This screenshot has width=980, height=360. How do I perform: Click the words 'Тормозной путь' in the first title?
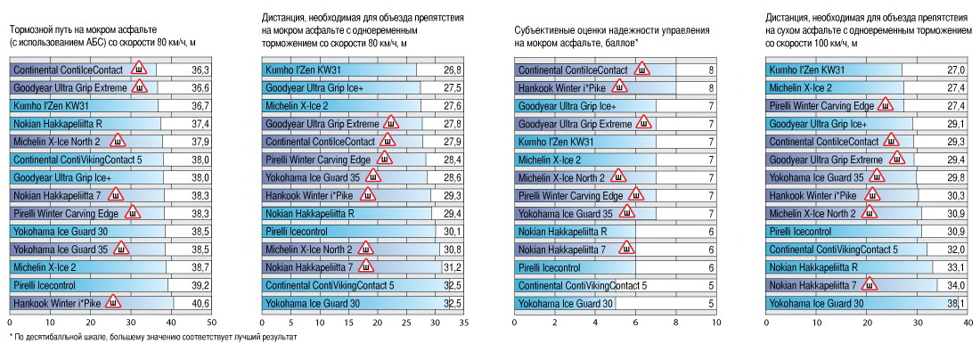point(42,18)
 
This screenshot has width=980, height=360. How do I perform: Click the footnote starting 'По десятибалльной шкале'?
point(151,338)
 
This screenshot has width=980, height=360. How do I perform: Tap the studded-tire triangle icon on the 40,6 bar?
point(113,303)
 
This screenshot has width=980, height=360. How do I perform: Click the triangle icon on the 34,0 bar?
point(870,285)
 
